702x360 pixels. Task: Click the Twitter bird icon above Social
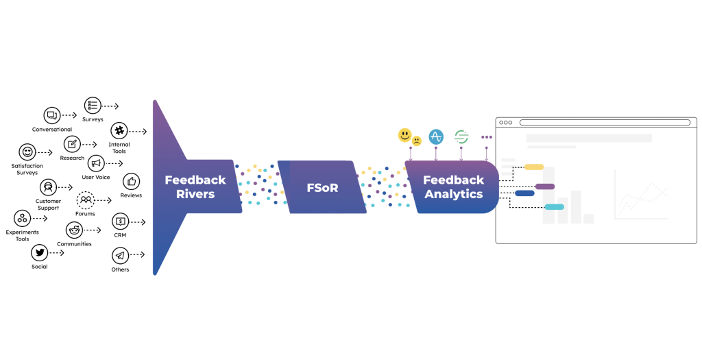(x=40, y=252)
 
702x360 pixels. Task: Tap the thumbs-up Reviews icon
(x=131, y=182)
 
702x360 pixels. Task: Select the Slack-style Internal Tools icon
(x=119, y=131)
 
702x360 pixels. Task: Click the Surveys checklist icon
(x=93, y=106)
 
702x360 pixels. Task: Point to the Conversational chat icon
(x=52, y=115)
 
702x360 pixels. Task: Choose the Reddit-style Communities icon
(x=74, y=230)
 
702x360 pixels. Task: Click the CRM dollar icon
(x=121, y=221)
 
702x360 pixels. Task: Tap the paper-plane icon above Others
(x=120, y=256)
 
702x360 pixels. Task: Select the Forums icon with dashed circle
(x=85, y=200)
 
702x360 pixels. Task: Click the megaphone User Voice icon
(x=96, y=163)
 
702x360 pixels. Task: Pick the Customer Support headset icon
(x=47, y=187)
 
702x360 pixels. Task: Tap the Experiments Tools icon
(x=23, y=219)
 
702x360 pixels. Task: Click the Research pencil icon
(x=72, y=144)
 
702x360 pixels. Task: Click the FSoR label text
(x=322, y=187)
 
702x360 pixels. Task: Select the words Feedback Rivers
(x=195, y=187)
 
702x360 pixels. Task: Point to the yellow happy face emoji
(x=405, y=135)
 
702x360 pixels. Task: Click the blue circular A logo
(x=436, y=136)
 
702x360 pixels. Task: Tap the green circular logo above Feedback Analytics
(x=461, y=136)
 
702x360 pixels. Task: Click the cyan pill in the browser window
(x=554, y=206)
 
